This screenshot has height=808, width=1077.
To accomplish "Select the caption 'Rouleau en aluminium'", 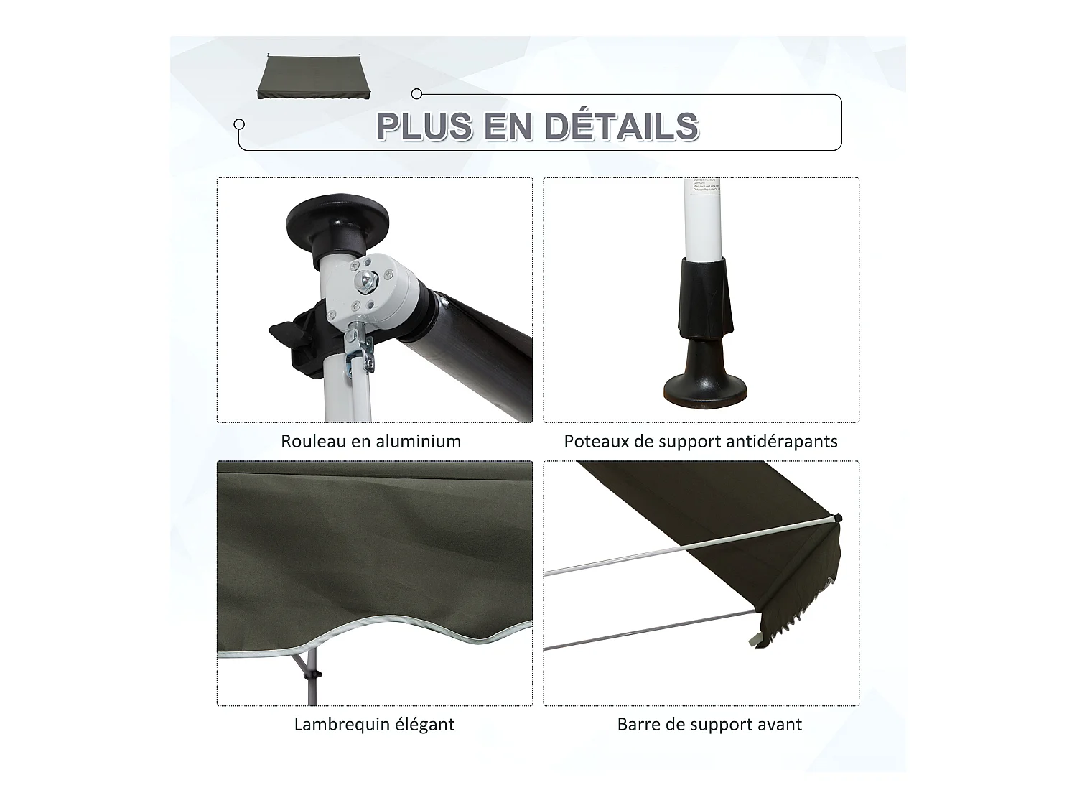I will pos(370,441).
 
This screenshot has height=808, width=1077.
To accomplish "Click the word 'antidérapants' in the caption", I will pos(782,441).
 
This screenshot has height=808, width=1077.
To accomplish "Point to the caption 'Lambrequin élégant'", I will pos(374,724).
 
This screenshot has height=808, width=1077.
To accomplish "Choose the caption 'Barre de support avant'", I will pos(709,724).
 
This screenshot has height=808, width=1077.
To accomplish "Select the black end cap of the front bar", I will pos(838,518).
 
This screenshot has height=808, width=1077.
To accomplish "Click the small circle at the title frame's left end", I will pos(240,124).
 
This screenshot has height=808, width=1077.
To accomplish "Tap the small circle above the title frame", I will pos(416,93).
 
